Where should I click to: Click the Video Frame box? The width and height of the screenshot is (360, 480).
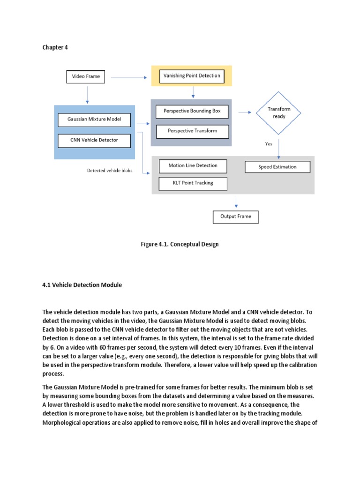click(x=86, y=76)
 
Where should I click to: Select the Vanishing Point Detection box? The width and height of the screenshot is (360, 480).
click(x=191, y=75)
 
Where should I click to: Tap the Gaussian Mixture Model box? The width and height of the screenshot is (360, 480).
click(x=94, y=119)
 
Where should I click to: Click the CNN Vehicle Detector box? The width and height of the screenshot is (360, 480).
click(x=94, y=140)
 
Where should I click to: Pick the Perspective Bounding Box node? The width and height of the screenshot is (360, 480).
click(x=192, y=111)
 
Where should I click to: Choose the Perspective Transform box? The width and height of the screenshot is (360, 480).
click(x=192, y=131)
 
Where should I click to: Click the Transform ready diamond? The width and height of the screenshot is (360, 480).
click(x=278, y=112)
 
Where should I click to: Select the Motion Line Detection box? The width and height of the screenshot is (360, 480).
click(x=193, y=165)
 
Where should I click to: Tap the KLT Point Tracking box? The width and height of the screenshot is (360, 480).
click(x=193, y=183)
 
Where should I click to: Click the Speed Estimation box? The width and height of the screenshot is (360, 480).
click(x=277, y=167)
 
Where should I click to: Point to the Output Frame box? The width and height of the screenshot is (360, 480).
click(x=235, y=217)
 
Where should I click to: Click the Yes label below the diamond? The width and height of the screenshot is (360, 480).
click(x=269, y=144)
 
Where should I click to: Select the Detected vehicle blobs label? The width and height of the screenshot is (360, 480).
click(x=110, y=171)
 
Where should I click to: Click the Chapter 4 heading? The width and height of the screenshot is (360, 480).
click(x=55, y=48)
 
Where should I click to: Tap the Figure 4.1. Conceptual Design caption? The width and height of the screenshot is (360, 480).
click(x=180, y=244)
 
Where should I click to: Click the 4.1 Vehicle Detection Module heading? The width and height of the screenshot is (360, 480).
click(x=82, y=285)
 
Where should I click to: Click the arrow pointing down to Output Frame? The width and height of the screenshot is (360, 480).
click(x=236, y=201)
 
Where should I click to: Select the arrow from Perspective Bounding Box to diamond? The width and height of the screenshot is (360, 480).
click(x=244, y=112)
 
